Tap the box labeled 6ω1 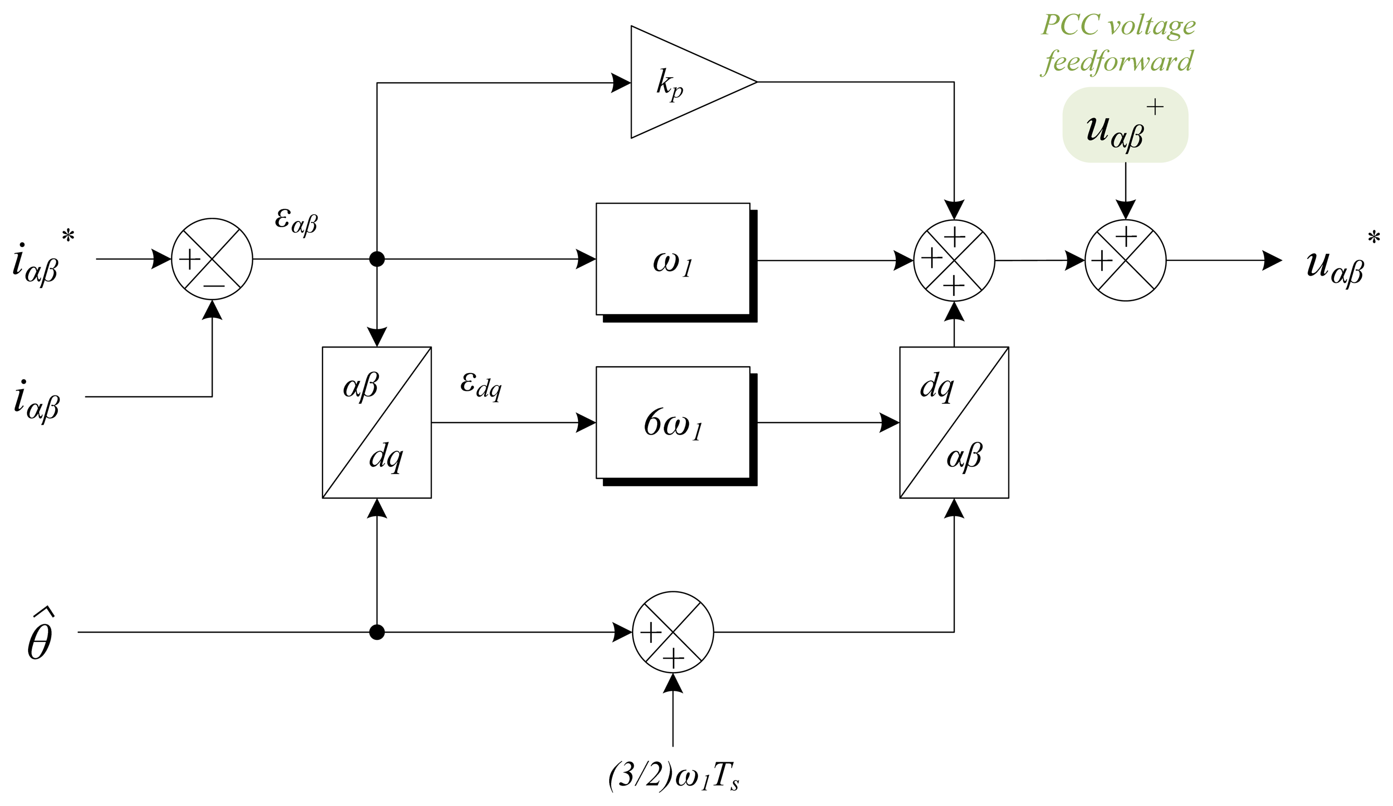coord(673,423)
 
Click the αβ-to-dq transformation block coord(376,423)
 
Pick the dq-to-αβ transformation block coord(954,423)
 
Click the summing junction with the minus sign coord(212,259)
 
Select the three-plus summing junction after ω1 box coord(954,261)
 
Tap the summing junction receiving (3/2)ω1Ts coord(673,632)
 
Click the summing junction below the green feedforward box coord(1126,261)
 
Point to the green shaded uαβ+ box coord(1125,125)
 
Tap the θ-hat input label coord(40,636)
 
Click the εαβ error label coord(295,221)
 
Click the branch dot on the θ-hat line coord(376,632)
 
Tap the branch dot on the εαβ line coord(376,259)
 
